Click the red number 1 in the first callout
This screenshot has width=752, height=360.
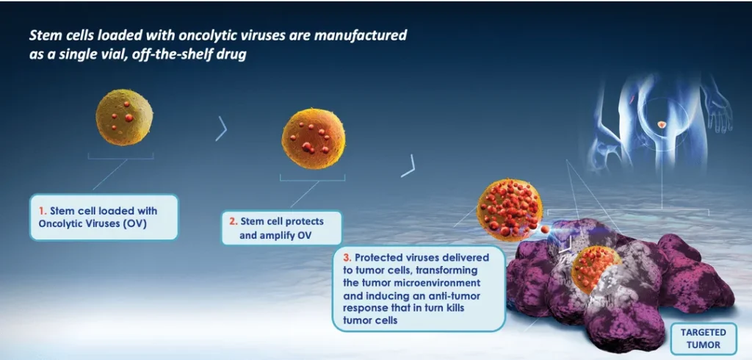click(42, 211)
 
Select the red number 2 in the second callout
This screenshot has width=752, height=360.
click(233, 222)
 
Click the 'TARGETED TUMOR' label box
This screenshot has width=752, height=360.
click(703, 339)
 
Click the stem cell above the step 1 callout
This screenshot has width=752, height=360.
click(124, 117)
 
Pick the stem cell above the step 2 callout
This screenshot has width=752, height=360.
click(313, 139)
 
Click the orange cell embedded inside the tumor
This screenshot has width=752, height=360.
click(595, 268)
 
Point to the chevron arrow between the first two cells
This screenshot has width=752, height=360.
click(222, 129)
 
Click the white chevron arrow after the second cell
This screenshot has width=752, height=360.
click(408, 166)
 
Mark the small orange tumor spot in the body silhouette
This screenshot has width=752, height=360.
click(662, 125)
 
